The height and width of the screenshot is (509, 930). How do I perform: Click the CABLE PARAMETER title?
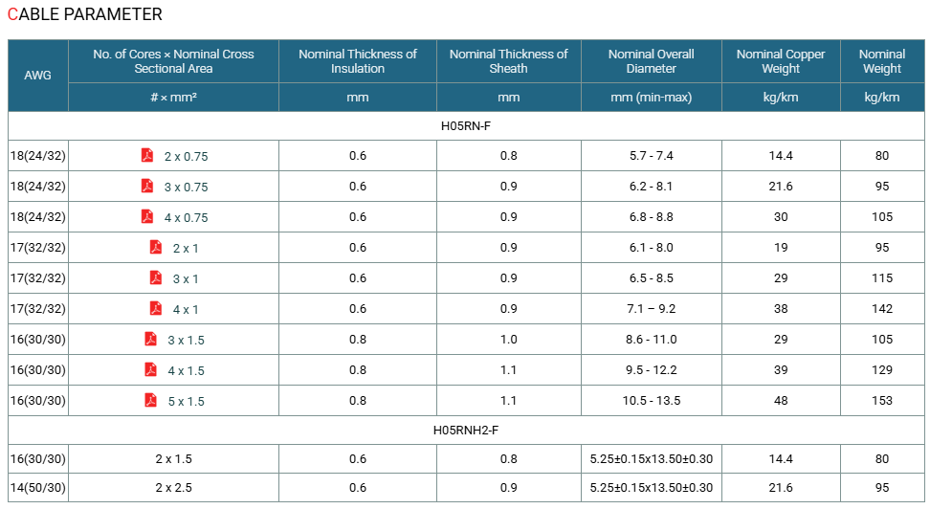click(85, 14)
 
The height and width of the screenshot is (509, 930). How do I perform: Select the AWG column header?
click(37, 76)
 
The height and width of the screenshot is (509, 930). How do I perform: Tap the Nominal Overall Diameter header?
click(652, 61)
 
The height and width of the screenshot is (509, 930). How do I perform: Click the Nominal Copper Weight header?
click(781, 61)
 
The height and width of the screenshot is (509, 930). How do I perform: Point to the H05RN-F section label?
click(466, 125)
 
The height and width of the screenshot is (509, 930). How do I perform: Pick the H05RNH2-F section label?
click(466, 431)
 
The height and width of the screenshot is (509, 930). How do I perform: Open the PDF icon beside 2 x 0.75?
click(147, 155)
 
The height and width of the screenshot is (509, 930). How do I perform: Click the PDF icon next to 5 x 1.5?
click(150, 400)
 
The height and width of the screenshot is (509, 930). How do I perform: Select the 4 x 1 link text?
click(186, 310)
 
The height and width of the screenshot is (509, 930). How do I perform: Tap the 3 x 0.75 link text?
click(187, 188)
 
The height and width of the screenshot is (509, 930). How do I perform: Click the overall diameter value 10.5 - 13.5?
click(652, 401)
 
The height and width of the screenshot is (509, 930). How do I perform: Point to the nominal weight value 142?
click(882, 308)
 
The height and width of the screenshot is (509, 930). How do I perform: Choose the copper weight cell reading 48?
click(781, 401)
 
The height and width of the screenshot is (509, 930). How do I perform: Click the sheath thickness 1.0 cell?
click(508, 340)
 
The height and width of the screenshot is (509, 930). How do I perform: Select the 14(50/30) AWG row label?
click(38, 488)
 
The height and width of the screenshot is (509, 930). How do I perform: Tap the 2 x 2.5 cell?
click(174, 488)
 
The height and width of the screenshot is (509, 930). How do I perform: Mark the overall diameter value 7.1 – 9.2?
click(652, 308)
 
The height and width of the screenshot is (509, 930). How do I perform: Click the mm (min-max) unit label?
click(652, 98)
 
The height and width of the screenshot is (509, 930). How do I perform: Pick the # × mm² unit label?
click(173, 98)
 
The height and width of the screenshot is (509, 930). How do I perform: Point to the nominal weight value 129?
click(882, 369)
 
